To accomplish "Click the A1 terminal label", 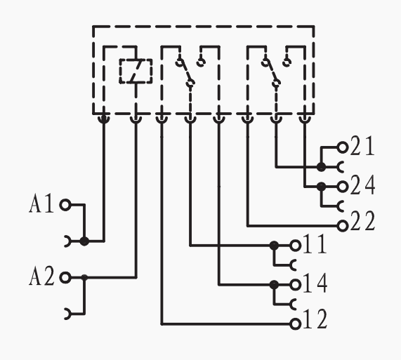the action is coord(41,204).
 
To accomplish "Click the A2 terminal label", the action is coord(41,276).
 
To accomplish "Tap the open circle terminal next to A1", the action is coord(65,205).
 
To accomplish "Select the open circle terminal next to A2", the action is coord(65,277).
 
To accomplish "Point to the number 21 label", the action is coord(362,146).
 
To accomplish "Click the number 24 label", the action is coord(362,185).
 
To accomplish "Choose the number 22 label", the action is coord(362,222).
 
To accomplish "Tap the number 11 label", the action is coord(315,244).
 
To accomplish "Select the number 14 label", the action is coord(315,283).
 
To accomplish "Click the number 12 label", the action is coord(315,319).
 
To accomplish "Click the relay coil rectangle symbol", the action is coord(136,71).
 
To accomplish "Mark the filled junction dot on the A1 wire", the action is coord(84,241).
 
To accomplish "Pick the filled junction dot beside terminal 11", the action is coord(274,246).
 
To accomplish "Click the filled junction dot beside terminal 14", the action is coord(274,285).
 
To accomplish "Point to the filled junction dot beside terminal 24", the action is coord(321,187).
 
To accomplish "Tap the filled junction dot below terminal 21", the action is coord(321,167).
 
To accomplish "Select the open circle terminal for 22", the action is coord(343,226).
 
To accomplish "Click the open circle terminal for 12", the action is coord(295,324).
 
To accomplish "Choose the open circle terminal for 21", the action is coord(343,147).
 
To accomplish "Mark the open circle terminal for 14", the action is coord(295,285).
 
